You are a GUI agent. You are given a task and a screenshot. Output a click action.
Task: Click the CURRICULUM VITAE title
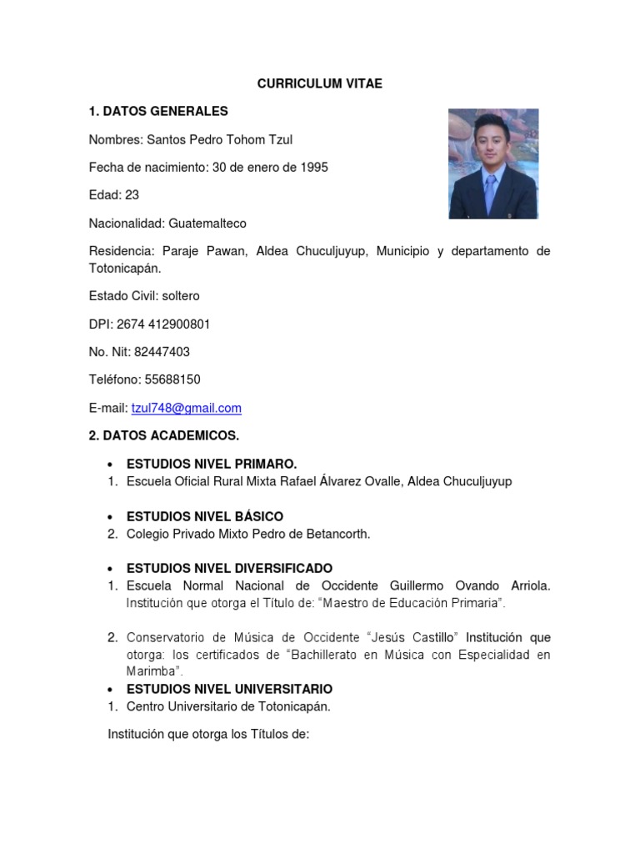point(319,83)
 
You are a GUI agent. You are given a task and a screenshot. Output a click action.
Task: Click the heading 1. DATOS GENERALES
point(158,111)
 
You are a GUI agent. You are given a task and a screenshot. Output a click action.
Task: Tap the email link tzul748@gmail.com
point(186,408)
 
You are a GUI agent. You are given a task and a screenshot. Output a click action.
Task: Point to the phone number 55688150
point(172,379)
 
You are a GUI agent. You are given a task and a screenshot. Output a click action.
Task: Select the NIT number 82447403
point(162,352)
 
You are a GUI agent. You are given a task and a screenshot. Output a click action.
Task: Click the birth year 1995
point(314,167)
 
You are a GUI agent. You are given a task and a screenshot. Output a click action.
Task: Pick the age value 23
point(132,195)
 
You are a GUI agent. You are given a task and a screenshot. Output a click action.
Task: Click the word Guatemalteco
point(207,224)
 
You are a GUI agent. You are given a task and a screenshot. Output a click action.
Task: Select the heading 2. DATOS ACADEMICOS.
point(164,435)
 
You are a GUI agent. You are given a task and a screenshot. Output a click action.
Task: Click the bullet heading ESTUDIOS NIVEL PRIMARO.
point(212,464)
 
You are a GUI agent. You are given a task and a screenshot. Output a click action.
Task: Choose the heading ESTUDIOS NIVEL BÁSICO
point(205,516)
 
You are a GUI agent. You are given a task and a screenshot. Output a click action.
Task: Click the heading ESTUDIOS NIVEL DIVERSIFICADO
point(229,569)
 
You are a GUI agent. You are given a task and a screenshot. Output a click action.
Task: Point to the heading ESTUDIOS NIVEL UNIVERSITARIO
point(229,689)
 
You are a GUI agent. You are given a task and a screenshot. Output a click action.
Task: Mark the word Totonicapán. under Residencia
point(125,269)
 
